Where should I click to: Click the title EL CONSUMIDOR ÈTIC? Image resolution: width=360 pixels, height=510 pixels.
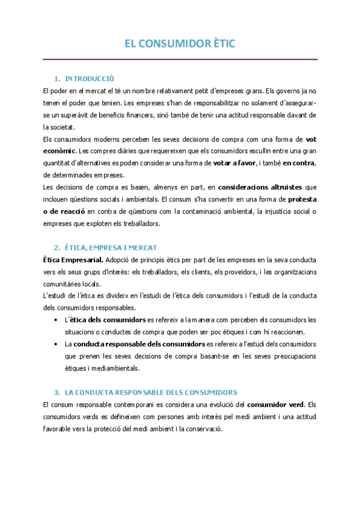[x=180, y=43]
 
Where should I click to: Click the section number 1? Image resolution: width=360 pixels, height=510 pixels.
[x=56, y=79]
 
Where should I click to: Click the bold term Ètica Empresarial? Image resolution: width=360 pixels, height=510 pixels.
[x=73, y=260]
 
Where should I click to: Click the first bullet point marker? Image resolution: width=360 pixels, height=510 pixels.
[x=56, y=320]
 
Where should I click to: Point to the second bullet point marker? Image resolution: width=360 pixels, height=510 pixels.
[x=56, y=344]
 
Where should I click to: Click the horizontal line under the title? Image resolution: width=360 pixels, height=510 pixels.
[x=180, y=59]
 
